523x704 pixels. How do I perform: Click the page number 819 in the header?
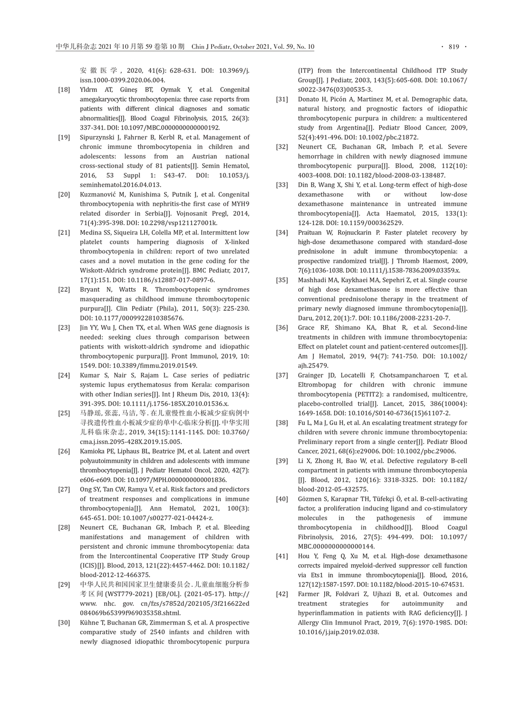point(454,47)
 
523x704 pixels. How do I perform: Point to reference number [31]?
point(282,99)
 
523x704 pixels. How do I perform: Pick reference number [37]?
point(282,375)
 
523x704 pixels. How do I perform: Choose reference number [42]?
point(282,594)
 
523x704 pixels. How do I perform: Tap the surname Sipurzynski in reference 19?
point(99,137)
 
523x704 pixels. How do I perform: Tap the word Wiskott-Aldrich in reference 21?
point(102,270)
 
